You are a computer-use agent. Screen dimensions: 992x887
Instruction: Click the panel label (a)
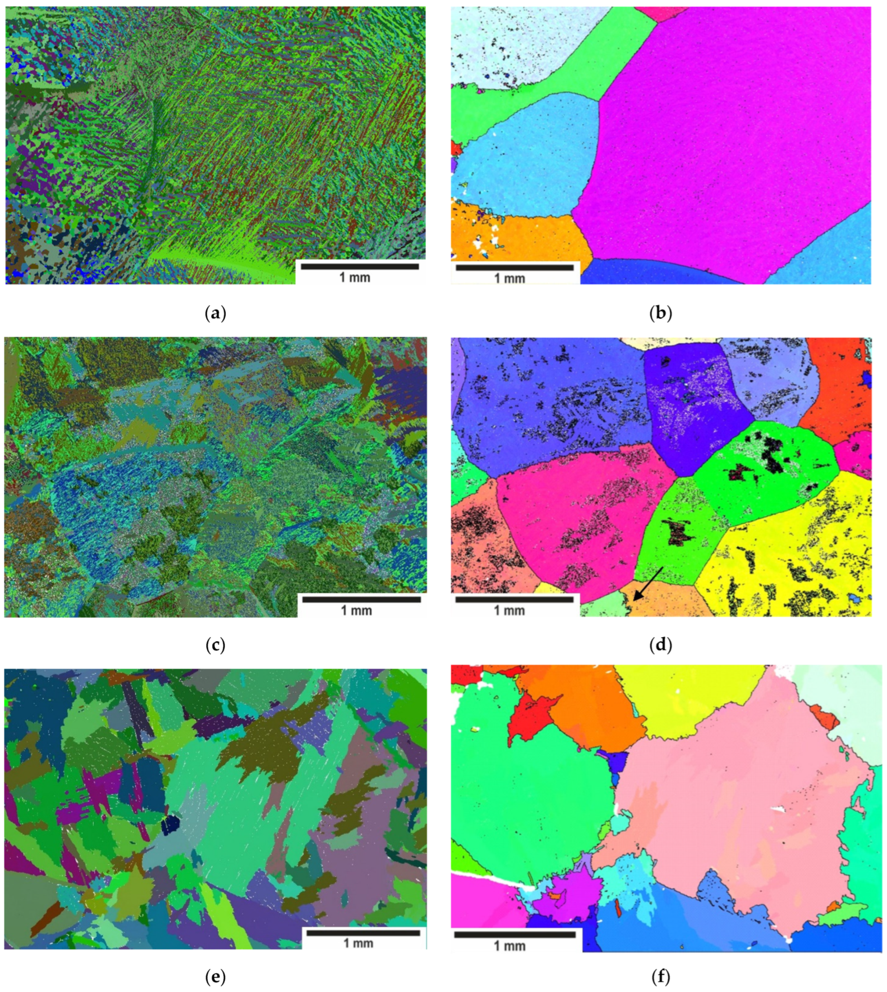pyautogui.click(x=216, y=313)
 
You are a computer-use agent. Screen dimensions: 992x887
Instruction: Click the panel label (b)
pyautogui.click(x=660, y=313)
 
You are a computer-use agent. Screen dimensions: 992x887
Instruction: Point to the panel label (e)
pyautogui.click(x=216, y=977)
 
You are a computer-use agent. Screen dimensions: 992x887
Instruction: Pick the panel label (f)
pyautogui.click(x=660, y=977)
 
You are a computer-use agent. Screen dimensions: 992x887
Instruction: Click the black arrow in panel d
pyautogui.click(x=648, y=583)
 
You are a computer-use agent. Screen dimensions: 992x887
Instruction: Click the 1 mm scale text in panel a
pyautogui.click(x=355, y=278)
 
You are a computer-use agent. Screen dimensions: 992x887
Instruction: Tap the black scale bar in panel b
pyautogui.click(x=515, y=268)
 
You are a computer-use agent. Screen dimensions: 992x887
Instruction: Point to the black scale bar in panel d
pyautogui.click(x=515, y=600)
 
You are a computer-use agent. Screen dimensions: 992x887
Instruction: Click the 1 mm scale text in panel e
pyautogui.click(x=359, y=943)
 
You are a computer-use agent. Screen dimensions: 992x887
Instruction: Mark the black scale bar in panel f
pyautogui.click(x=515, y=935)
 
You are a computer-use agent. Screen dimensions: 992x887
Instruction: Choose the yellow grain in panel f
pyautogui.click(x=692, y=697)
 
